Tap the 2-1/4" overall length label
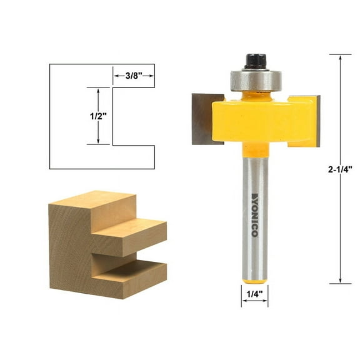point(340,169)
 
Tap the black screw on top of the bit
point(254,61)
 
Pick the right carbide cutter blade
point(309,121)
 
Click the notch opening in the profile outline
point(132,116)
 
